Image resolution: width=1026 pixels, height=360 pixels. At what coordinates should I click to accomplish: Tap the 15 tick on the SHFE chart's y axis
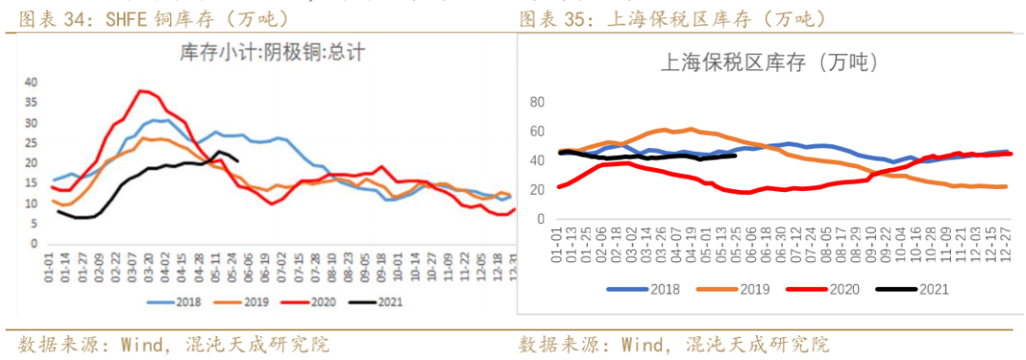[x=30, y=182]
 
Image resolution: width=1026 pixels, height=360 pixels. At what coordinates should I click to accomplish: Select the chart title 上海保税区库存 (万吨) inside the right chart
[x=768, y=64]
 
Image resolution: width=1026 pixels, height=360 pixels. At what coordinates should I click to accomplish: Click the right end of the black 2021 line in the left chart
[x=237, y=161]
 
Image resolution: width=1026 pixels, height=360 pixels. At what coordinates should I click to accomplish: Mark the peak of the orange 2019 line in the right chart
[x=691, y=128]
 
